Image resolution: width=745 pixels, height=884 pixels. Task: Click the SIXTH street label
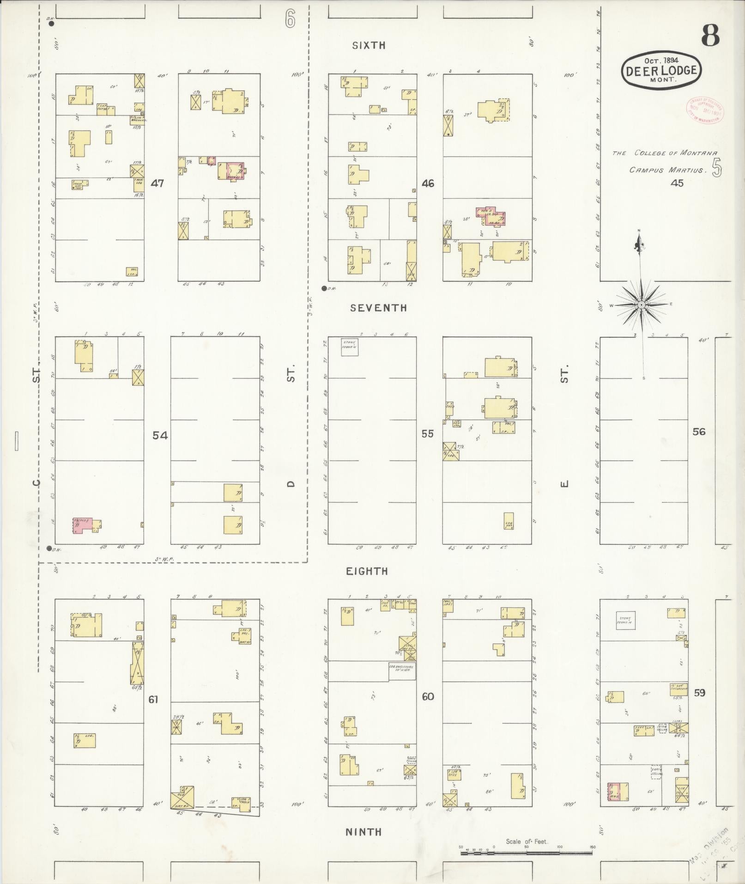[x=369, y=45]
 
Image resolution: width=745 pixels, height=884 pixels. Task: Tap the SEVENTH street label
[x=378, y=308]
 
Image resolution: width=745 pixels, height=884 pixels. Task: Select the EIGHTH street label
[x=367, y=571]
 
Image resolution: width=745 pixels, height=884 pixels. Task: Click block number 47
[x=157, y=183]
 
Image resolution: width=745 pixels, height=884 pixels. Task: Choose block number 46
[x=428, y=183]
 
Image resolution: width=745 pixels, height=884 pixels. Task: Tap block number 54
[x=160, y=435]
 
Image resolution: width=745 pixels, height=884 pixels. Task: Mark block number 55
[x=428, y=434]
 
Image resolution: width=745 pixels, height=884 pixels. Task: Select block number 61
[x=153, y=713]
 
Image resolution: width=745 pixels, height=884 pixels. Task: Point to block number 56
[x=699, y=432]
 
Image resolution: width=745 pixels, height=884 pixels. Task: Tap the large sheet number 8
[x=710, y=36]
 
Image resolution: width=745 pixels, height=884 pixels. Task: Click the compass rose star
[x=641, y=305]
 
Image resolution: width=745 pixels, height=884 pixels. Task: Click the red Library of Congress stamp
[x=704, y=110]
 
